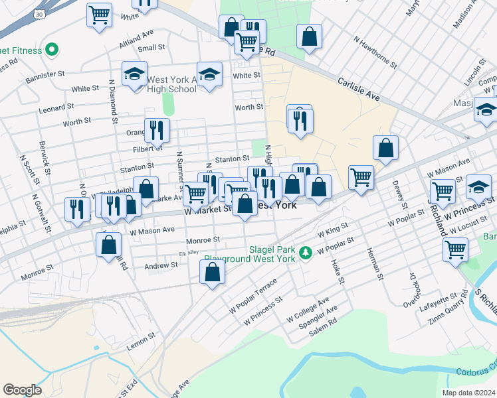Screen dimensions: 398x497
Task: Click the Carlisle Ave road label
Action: click(x=358, y=88)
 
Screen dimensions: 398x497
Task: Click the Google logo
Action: click(x=22, y=390)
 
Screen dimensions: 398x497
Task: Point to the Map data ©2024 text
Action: click(x=467, y=393)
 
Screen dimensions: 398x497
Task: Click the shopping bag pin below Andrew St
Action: click(x=212, y=272)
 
